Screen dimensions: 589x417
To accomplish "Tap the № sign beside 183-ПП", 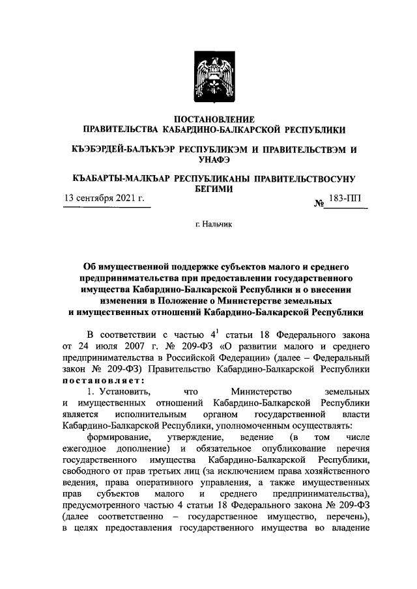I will (320, 204).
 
